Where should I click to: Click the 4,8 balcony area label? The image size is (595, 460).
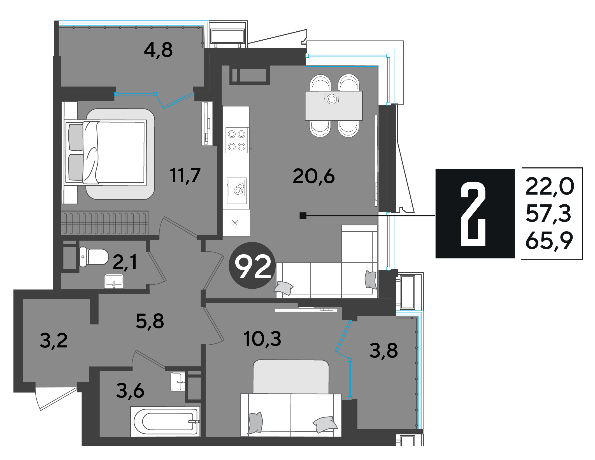point(158,50)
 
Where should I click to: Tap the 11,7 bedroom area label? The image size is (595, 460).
point(185,176)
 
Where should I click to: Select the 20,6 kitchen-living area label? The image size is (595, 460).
point(314,176)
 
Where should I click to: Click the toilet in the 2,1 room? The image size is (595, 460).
point(94,257)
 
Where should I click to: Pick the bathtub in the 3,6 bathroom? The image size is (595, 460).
point(165,421)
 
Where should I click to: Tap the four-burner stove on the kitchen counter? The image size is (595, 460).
point(237,140)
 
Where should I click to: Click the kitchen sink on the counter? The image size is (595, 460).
point(237,191)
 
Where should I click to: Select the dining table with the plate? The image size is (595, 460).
point(334,106)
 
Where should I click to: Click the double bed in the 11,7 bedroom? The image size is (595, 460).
point(106,153)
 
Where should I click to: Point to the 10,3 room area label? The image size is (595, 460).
point(262,339)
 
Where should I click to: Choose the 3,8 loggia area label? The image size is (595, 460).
point(384,351)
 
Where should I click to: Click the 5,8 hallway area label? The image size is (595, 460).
point(150,321)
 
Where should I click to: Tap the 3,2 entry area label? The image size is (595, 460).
point(54,341)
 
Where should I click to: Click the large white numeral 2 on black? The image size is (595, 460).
point(473,214)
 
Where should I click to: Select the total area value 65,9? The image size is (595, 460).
point(549,240)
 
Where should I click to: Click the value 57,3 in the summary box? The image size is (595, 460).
point(548,214)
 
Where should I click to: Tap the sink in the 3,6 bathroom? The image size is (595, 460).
point(178,382)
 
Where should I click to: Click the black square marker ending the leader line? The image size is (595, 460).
point(303,216)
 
